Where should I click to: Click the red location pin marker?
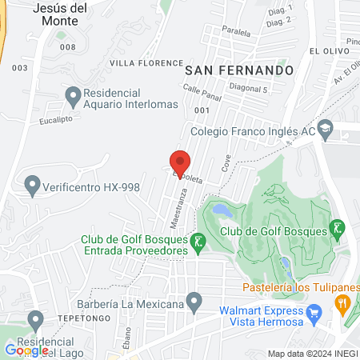[180, 161]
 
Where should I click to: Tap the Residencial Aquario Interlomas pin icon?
[73, 97]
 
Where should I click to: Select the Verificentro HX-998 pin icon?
[33, 186]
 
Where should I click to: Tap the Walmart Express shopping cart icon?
[314, 311]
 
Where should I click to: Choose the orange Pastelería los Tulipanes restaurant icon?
[343, 302]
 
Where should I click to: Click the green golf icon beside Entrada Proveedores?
[197, 240]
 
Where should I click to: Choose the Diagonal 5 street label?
[247, 91]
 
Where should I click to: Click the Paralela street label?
[237, 34]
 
